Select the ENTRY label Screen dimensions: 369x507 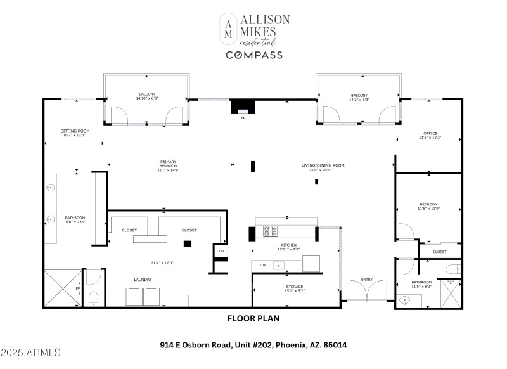[x=367, y=279]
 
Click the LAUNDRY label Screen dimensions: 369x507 [x=142, y=279]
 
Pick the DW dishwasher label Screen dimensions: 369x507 [x=262, y=264]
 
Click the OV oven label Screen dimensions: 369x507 [x=221, y=251]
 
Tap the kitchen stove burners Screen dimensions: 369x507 [x=270, y=231]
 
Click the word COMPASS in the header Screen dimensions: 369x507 [x=254, y=55]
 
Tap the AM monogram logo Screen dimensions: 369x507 [x=228, y=29]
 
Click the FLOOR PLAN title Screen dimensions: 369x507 [x=253, y=319]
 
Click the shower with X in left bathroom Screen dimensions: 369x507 [x=62, y=289]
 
